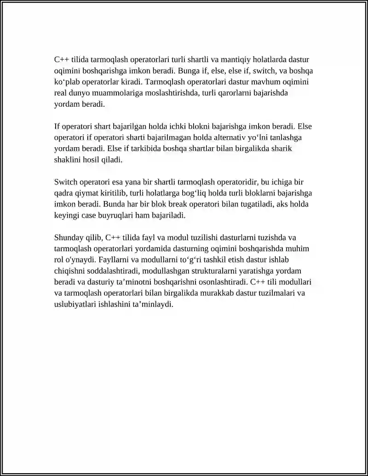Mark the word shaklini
click(x=68, y=160)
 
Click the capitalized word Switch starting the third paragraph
click(x=65, y=182)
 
